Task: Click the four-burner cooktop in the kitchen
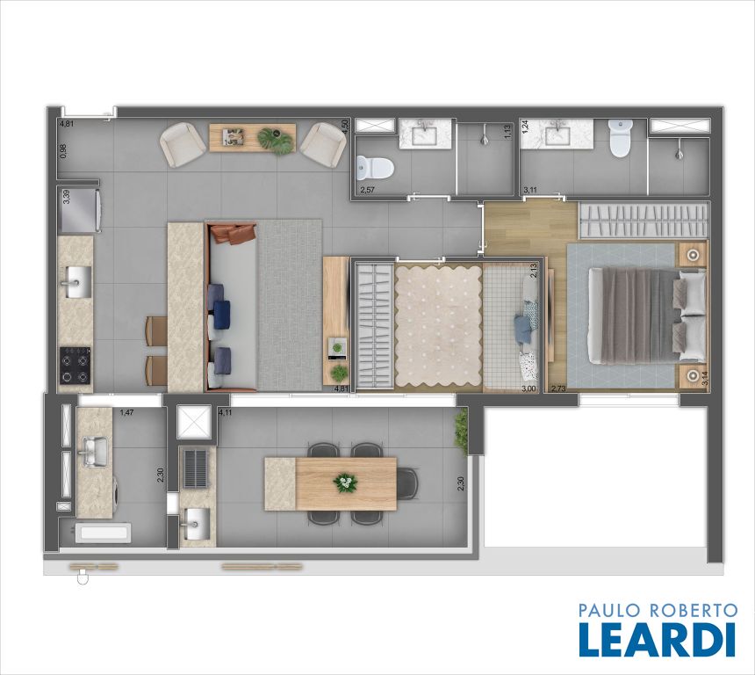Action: tap(75, 365)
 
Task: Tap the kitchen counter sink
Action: tap(75, 282)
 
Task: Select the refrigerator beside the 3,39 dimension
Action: tap(79, 211)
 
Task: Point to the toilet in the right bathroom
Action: tap(620, 138)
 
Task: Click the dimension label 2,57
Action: tap(367, 190)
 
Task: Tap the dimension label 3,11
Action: tap(530, 190)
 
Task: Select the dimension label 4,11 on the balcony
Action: tap(225, 412)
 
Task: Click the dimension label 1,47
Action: tap(126, 412)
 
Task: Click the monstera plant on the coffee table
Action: tap(276, 141)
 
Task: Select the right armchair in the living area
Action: tap(323, 145)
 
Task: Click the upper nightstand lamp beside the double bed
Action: tap(693, 255)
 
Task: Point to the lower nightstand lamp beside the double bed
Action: tap(693, 375)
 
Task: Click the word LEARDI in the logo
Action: tap(658, 639)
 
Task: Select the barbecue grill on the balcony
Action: tap(196, 468)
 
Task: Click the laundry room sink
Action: tap(96, 452)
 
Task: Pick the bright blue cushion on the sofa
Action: tap(221, 315)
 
